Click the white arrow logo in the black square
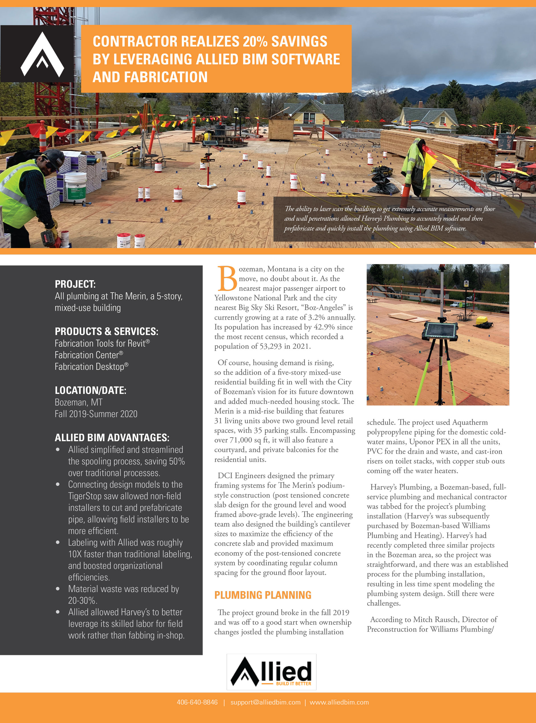point(42,54)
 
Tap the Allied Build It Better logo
point(271,671)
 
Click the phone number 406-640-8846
point(197,702)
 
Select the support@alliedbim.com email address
point(265,702)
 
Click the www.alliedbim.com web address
point(339,702)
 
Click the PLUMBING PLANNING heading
point(263,595)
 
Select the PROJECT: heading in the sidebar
point(75,284)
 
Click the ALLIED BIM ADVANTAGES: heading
point(112,437)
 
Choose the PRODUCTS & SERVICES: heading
point(106,331)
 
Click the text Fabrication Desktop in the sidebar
point(90,367)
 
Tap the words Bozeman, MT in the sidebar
point(78,402)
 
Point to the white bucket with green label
point(76,186)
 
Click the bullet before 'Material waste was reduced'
point(58,589)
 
